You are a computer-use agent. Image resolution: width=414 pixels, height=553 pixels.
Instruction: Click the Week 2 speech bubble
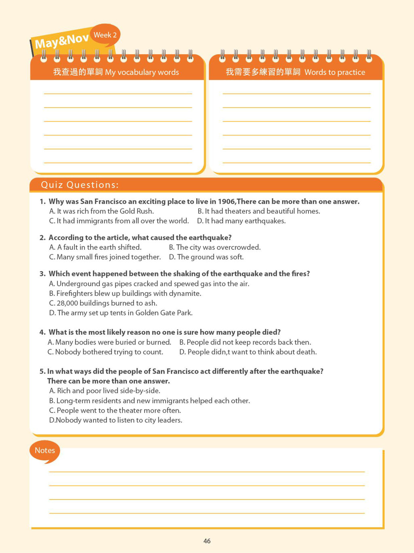pos(105,35)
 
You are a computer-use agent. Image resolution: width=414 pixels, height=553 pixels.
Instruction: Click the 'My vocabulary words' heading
pos(116,72)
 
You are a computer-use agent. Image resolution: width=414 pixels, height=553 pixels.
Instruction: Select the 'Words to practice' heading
pos(295,72)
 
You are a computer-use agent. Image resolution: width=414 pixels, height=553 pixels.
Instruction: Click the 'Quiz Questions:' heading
pos(80,185)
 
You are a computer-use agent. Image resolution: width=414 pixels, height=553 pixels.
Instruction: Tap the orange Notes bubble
pos(45,451)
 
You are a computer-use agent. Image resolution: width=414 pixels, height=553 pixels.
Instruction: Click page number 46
pos(207,541)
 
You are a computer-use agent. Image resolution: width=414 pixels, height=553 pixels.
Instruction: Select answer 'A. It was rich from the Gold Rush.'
pos(101,211)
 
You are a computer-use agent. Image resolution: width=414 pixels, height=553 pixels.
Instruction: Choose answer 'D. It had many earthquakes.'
pos(241,221)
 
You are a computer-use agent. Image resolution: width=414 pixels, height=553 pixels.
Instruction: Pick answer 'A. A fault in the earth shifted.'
pos(95,247)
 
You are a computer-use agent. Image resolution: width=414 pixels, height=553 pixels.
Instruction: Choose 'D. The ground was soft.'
pos(206,257)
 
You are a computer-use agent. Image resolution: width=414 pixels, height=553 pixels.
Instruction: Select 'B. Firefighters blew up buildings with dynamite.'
pos(125,294)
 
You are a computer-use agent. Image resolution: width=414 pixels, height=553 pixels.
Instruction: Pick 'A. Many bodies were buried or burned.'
pos(109,342)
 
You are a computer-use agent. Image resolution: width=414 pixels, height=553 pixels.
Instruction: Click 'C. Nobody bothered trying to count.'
pos(106,352)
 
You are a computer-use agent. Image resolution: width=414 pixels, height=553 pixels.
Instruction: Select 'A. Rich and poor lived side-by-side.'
pos(105,391)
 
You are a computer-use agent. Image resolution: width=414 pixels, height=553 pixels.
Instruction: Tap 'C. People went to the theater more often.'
pos(115,410)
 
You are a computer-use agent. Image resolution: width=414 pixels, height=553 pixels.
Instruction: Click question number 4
pos(42,332)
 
